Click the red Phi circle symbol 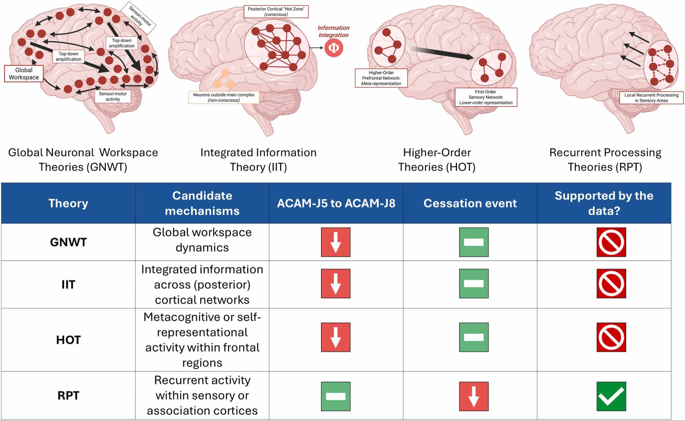pos(333,48)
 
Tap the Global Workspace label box pos(24,74)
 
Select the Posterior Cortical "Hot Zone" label pos(276,12)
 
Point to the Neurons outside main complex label pos(224,97)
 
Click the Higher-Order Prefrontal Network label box pos(381,78)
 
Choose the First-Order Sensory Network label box pos(486,97)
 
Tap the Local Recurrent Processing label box pos(651,98)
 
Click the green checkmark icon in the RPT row pos(611,396)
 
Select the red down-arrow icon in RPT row pos(474,396)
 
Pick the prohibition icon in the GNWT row pos(611,242)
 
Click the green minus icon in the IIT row pos(474,283)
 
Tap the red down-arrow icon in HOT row pos(335,337)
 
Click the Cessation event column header pos(470,203)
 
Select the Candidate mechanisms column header pos(202,203)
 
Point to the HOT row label pos(68,340)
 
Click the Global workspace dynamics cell pos(202,240)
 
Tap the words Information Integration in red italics pos(333,31)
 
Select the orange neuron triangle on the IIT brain pos(224,79)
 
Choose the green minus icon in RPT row pos(335,396)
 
